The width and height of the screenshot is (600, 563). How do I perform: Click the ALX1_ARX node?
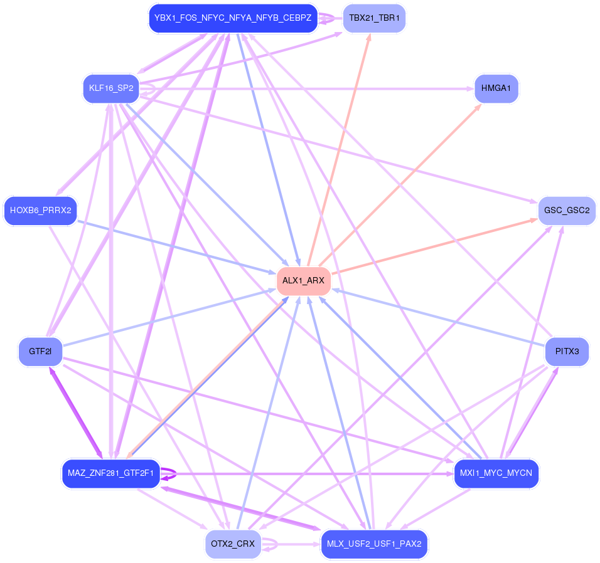point(303,280)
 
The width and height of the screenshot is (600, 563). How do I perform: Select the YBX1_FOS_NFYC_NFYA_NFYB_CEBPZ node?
point(233,18)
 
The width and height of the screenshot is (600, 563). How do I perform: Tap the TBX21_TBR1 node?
point(374,18)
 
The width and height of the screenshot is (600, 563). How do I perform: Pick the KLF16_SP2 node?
point(111,88)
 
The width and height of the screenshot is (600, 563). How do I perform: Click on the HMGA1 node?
point(496,88)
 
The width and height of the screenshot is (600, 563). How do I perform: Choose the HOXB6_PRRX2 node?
point(40,210)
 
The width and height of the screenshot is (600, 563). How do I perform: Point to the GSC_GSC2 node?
point(566,210)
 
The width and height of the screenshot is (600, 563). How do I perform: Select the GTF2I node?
point(40,351)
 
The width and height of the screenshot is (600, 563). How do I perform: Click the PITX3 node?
point(566,351)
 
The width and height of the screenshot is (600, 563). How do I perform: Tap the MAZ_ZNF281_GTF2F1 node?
point(111,473)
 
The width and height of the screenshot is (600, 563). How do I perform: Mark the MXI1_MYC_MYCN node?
point(496,473)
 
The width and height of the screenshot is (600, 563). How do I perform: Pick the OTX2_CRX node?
point(233,544)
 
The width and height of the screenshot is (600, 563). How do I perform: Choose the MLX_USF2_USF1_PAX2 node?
point(374,544)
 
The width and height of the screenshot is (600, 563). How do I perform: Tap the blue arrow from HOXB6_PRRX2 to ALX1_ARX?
point(176,245)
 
